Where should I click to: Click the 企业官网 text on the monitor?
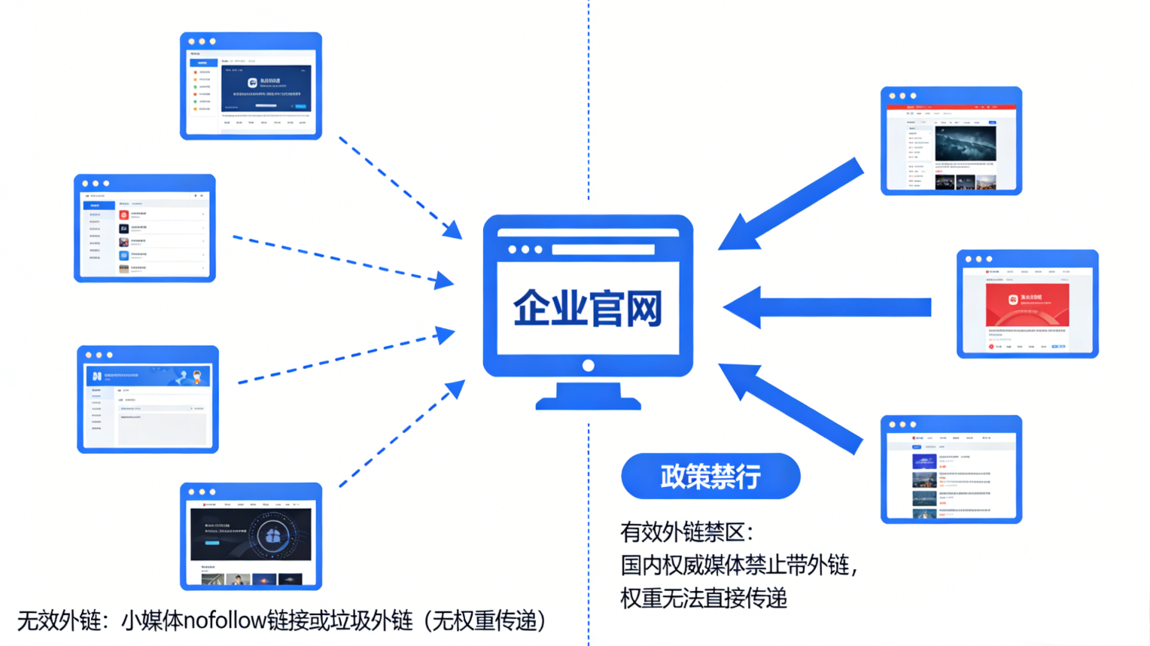(x=587, y=308)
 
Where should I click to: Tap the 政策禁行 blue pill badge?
(x=710, y=476)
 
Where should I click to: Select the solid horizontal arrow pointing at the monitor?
(x=828, y=307)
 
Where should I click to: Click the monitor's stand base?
(x=588, y=399)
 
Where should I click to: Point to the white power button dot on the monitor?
(x=589, y=366)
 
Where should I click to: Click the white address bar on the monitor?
(x=603, y=249)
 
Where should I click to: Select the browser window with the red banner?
(x=1027, y=304)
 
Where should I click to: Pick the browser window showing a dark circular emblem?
(x=251, y=536)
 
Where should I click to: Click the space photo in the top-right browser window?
(x=965, y=143)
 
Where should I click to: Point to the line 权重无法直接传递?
(x=704, y=598)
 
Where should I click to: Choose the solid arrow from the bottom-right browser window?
(x=794, y=407)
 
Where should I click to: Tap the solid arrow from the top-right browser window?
(x=794, y=203)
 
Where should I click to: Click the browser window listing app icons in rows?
(x=145, y=228)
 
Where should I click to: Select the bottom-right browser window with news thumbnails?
(x=951, y=469)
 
